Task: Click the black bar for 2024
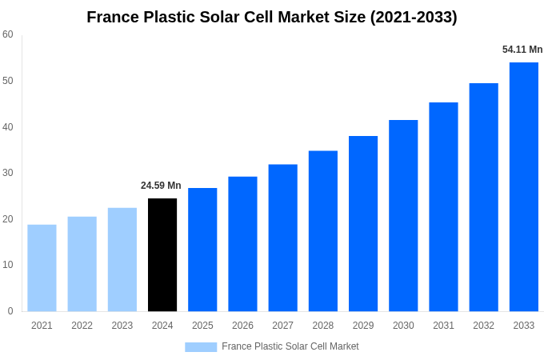162,254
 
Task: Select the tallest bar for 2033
523,186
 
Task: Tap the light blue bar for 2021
42,267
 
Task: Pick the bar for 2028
322,230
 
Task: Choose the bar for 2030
403,215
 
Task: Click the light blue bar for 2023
122,259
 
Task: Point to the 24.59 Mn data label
161,186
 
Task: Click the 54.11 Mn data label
522,50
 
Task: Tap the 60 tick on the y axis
8,34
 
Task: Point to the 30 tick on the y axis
8,173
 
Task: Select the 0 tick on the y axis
10,311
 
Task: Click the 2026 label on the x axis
242,326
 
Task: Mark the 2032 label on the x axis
483,326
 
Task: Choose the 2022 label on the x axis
82,326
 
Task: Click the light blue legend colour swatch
201,346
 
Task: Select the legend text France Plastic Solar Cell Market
290,346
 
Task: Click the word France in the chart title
114,17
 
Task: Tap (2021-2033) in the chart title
414,17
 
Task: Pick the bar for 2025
202,250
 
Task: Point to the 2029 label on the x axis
362,326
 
